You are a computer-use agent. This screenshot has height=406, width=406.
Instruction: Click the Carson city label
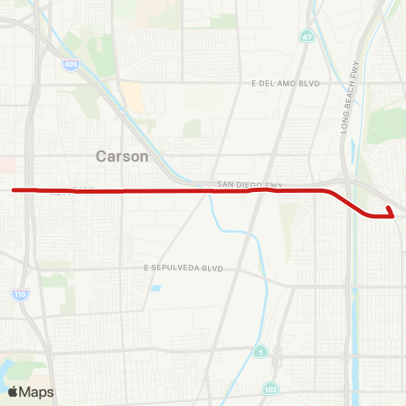click(122, 156)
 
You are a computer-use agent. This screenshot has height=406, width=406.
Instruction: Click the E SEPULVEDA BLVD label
click(183, 268)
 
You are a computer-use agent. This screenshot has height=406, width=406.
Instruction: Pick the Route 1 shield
click(260, 351)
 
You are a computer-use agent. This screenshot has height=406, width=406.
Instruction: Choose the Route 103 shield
click(269, 388)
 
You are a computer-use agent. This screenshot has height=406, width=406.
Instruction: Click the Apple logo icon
click(14, 392)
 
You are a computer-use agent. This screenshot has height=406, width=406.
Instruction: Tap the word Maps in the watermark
click(37, 392)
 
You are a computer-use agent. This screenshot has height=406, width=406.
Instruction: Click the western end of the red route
click(14, 190)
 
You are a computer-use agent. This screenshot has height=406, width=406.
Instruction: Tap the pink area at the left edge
click(4, 162)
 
